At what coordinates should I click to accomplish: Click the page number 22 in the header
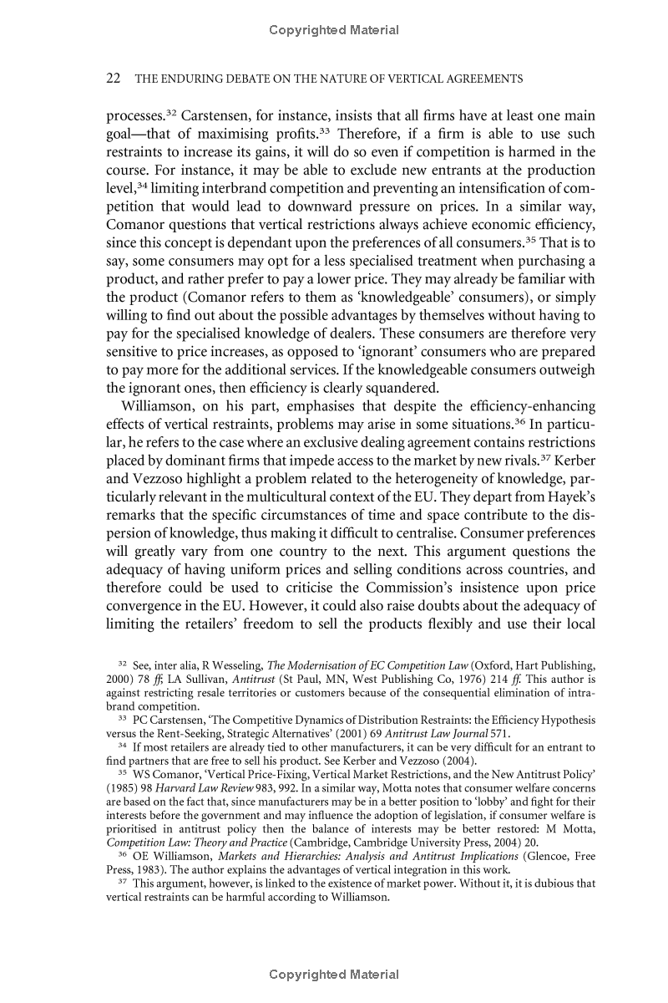pos(115,79)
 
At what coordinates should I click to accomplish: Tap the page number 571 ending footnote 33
pos(499,733)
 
